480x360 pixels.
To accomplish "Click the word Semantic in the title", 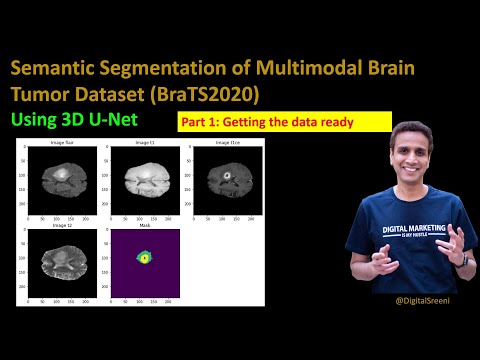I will click(52, 72).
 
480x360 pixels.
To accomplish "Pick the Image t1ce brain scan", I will click(226, 179).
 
